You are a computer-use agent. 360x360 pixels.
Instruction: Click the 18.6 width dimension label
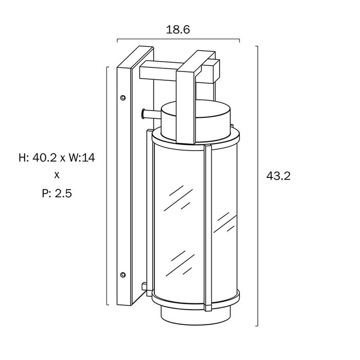(x=178, y=30)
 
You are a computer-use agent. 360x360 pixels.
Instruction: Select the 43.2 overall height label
(x=278, y=176)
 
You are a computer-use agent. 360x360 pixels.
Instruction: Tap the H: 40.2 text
(x=38, y=158)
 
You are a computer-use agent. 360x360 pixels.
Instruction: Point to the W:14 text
(x=82, y=158)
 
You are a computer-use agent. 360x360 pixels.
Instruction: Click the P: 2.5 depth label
(x=57, y=193)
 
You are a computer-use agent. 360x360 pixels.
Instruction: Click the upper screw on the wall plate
(x=123, y=98)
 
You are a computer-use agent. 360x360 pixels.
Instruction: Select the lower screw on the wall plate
(x=123, y=275)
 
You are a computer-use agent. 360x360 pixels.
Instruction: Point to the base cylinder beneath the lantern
(x=195, y=316)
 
